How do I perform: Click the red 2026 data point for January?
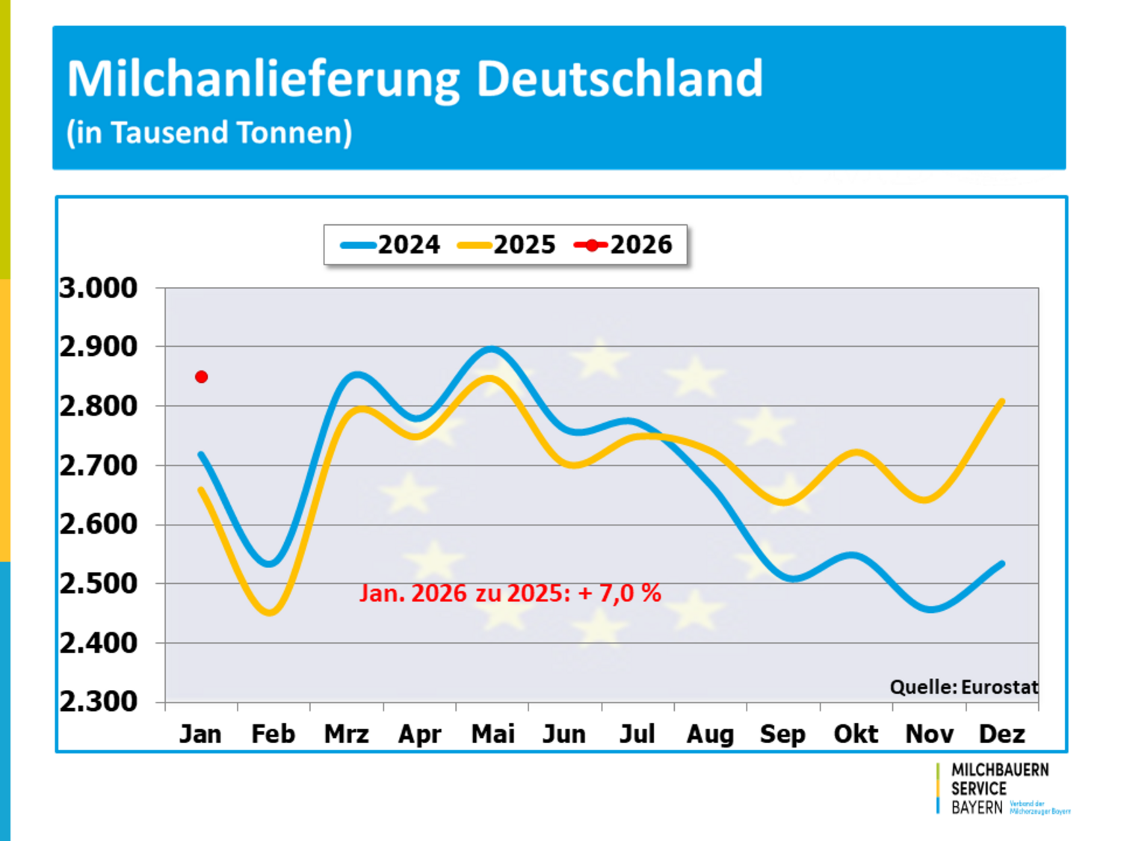point(201,377)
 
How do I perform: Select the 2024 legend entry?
point(390,244)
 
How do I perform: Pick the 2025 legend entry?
point(507,244)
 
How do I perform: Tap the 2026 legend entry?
point(623,244)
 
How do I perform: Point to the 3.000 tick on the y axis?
point(99,288)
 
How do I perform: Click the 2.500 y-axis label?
point(99,583)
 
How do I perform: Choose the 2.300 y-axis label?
point(99,701)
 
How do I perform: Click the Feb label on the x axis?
point(273,734)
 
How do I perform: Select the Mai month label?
point(492,734)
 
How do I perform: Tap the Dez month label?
point(1001,734)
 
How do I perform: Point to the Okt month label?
point(856,734)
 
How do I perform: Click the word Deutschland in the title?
point(620,78)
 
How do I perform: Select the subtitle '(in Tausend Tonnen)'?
point(209,132)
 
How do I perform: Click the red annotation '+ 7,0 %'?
point(620,593)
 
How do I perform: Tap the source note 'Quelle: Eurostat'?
point(963,687)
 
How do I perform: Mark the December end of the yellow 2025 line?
point(1001,401)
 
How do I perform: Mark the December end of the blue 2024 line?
point(1001,564)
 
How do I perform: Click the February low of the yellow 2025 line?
point(271,612)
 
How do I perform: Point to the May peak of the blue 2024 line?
point(492,349)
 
